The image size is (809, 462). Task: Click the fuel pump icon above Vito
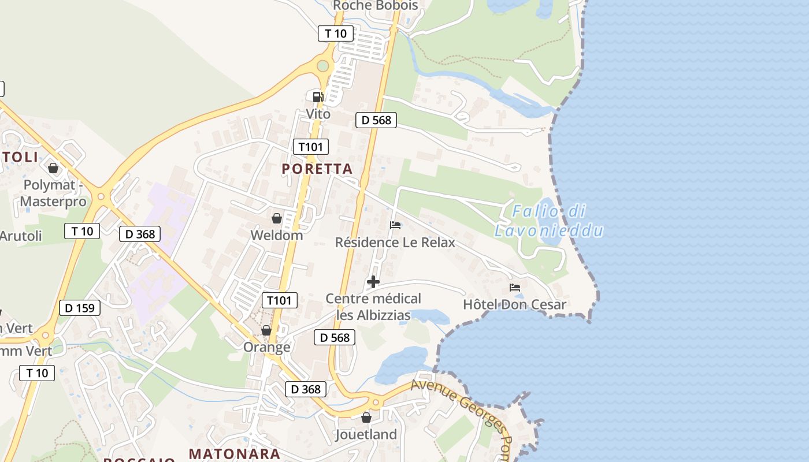pyautogui.click(x=317, y=96)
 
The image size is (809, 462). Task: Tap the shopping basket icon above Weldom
pyautogui.click(x=277, y=218)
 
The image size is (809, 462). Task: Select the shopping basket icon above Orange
pyautogui.click(x=266, y=330)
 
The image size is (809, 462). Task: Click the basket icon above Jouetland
pyautogui.click(x=366, y=417)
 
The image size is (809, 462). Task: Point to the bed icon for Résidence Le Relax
pyautogui.click(x=395, y=225)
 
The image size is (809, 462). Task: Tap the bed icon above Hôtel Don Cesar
pyautogui.click(x=515, y=287)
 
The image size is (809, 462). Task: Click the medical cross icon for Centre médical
pyautogui.click(x=373, y=282)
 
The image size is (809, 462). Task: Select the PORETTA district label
pyautogui.click(x=317, y=169)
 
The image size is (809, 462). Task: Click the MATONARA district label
pyautogui.click(x=235, y=454)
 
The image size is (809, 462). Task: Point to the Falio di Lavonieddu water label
pyautogui.click(x=548, y=221)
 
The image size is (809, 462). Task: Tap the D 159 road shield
pyautogui.click(x=80, y=308)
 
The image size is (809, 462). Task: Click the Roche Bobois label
pyautogui.click(x=376, y=5)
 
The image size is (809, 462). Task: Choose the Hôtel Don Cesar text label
pyautogui.click(x=515, y=304)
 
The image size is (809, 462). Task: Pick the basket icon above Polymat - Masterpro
pyautogui.click(x=53, y=168)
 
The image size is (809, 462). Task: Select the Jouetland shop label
pyautogui.click(x=366, y=434)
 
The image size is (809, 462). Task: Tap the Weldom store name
pyautogui.click(x=277, y=235)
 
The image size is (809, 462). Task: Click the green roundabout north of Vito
pyautogui.click(x=322, y=66)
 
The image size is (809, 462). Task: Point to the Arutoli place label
pyautogui.click(x=21, y=236)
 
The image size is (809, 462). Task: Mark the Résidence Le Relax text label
pyautogui.click(x=395, y=242)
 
